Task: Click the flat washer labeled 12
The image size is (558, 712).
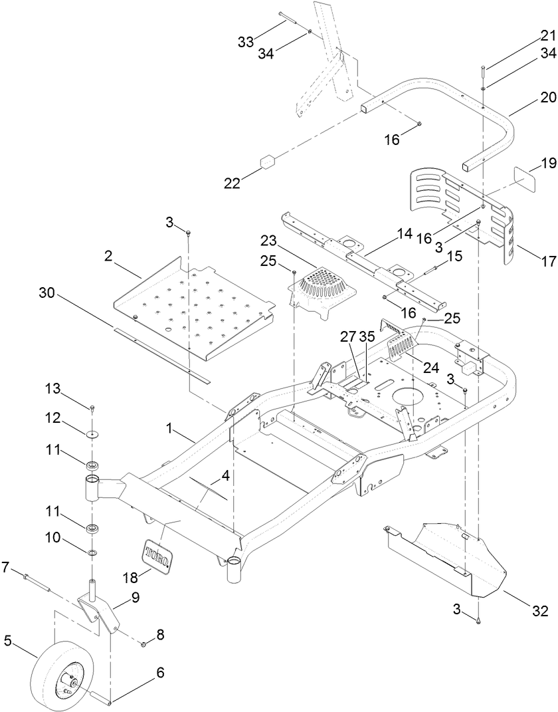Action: coord(92,434)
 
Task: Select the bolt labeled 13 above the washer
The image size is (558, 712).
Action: coord(92,406)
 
